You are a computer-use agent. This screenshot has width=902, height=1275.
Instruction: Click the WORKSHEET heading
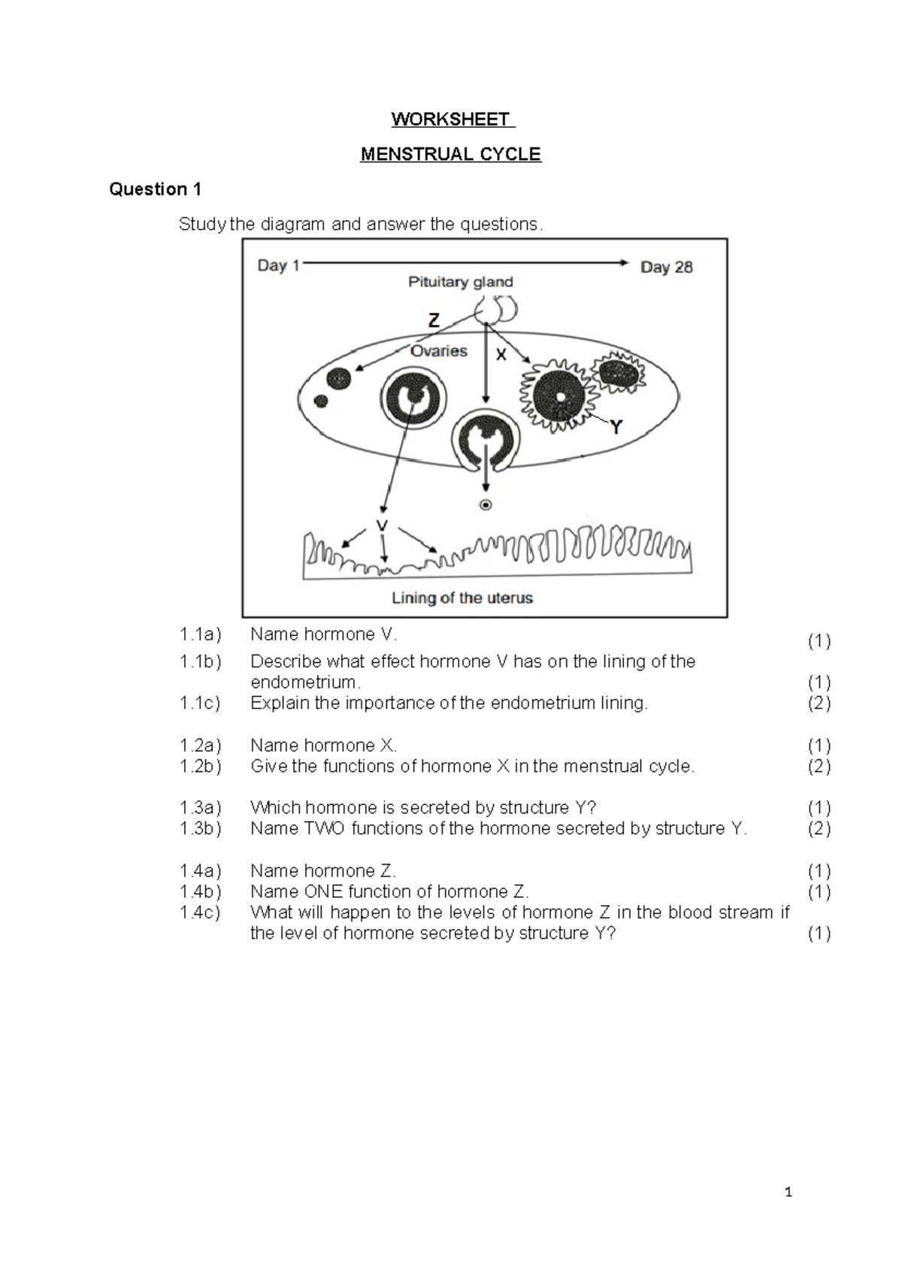(450, 120)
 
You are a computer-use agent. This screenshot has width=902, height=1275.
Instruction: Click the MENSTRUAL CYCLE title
(450, 154)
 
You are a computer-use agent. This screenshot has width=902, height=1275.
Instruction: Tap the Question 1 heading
(155, 189)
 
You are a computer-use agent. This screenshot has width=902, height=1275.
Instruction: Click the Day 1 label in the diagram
(278, 265)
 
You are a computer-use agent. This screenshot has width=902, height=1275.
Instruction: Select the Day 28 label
(666, 267)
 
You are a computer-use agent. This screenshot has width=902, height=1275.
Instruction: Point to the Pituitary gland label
(460, 282)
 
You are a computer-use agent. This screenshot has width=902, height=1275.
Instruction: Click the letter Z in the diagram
(434, 321)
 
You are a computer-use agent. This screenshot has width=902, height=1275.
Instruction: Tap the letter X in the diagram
(501, 355)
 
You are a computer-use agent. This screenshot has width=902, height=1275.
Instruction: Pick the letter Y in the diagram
(616, 428)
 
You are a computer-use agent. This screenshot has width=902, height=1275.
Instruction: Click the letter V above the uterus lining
(383, 525)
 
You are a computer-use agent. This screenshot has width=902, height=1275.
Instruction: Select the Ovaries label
(439, 351)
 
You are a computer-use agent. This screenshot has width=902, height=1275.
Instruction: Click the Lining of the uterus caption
(462, 598)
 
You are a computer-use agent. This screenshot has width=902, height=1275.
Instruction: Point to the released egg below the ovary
(486, 505)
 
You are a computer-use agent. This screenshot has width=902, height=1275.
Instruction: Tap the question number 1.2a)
(200, 746)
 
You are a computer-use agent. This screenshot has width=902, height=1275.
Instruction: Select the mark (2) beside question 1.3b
(819, 828)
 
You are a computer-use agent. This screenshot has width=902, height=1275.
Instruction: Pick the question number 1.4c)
(200, 913)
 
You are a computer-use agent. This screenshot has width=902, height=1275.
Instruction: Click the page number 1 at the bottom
(788, 1192)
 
